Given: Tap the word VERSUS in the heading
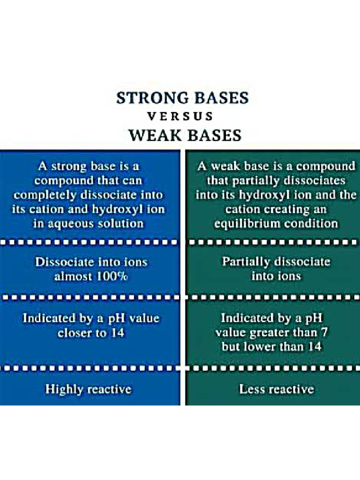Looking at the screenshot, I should [180, 116].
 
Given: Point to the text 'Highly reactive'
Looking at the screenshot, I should [88, 389].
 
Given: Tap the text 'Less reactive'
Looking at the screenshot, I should [277, 389].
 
